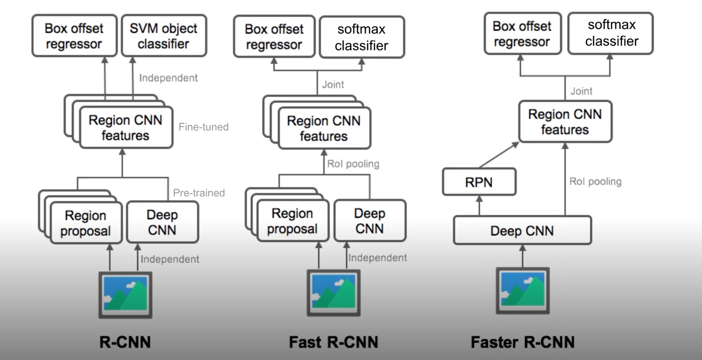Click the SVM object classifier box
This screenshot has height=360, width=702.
click(x=164, y=36)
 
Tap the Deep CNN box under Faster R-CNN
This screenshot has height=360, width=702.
click(x=522, y=230)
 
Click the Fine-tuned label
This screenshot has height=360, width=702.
click(x=203, y=127)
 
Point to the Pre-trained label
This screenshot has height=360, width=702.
click(x=199, y=192)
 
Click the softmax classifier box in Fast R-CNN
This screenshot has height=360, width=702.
click(x=361, y=38)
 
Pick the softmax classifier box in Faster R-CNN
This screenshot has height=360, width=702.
click(x=611, y=33)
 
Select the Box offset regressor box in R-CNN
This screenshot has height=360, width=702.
click(x=74, y=36)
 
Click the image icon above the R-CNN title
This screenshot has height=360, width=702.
click(x=125, y=294)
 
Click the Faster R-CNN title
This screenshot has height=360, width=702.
click(x=522, y=342)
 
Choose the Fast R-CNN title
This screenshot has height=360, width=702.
click(x=333, y=342)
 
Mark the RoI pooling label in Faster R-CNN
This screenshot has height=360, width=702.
click(x=595, y=182)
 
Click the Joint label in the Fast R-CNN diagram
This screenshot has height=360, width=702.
click(x=333, y=85)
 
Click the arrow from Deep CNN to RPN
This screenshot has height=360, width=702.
click(x=479, y=205)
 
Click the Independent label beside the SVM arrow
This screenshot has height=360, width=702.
click(x=168, y=78)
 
